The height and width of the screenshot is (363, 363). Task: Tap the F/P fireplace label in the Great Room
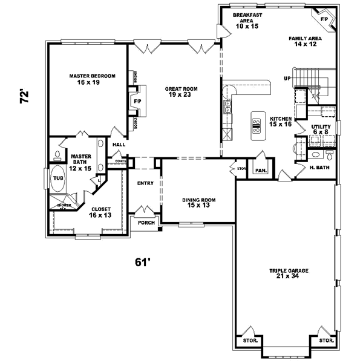(x=137, y=100)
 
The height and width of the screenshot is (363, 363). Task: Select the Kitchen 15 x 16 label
(x=281, y=122)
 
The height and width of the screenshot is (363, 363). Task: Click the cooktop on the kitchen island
(x=256, y=125)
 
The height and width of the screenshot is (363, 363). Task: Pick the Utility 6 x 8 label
(x=320, y=129)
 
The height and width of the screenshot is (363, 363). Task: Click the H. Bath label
(x=319, y=168)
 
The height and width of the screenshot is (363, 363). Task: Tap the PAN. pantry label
(x=261, y=171)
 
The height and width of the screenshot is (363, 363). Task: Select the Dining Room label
(x=199, y=202)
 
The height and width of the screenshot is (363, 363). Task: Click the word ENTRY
(x=145, y=183)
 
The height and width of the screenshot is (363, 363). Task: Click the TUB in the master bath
(x=58, y=178)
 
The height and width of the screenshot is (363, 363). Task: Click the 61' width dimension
(x=142, y=262)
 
